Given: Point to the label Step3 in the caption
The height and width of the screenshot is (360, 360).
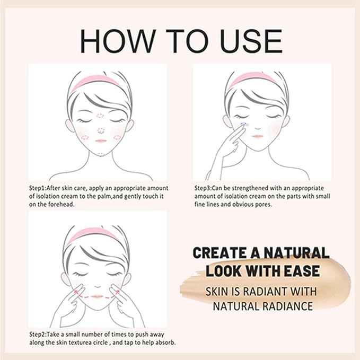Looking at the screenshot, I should point(204,188).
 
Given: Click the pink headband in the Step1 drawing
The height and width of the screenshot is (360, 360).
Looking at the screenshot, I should point(97,81).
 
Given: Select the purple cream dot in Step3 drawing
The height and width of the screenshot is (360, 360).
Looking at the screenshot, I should point(244,124).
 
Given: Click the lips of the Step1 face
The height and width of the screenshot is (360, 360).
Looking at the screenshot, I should point(102,141).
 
